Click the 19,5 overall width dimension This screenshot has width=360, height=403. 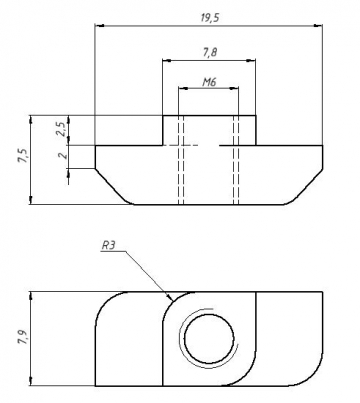(x=210, y=18)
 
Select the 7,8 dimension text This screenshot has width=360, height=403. (x=210, y=52)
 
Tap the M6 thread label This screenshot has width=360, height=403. (x=209, y=82)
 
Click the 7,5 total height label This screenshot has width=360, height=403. (x=23, y=156)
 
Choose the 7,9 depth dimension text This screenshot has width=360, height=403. (x=23, y=337)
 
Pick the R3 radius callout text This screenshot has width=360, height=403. (x=108, y=246)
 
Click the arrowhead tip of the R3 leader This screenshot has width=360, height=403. (x=173, y=300)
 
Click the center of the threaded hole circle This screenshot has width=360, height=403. (x=209, y=339)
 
